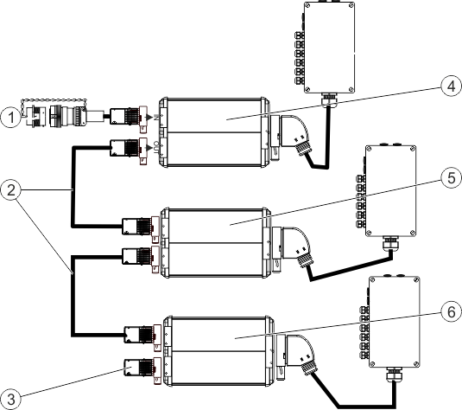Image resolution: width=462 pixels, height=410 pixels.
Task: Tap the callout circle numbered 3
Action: click(11, 400)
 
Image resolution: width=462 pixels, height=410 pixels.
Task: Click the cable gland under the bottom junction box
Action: click(393, 375)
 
